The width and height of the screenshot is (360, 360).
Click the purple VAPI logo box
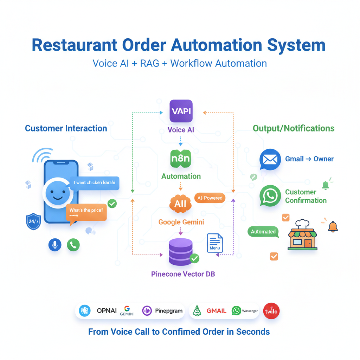click(x=181, y=111)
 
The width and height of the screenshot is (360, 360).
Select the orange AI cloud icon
click(x=180, y=204)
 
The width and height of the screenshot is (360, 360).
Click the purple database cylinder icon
click(x=181, y=252)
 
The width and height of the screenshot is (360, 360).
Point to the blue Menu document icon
click(x=215, y=243)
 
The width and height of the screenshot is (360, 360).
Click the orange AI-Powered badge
click(x=210, y=198)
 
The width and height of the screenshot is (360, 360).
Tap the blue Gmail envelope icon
click(x=270, y=159)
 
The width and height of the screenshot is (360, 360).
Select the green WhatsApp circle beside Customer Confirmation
click(x=270, y=196)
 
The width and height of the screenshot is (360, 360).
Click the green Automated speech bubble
click(x=263, y=232)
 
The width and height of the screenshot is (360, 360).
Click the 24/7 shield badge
click(x=34, y=222)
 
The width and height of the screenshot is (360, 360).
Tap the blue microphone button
click(x=54, y=245)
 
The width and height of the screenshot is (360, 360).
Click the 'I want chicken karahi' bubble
click(x=94, y=183)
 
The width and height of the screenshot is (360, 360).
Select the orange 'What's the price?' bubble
click(x=86, y=212)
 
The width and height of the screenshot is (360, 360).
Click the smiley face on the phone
click(x=56, y=193)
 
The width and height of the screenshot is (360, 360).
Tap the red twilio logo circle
click(x=271, y=311)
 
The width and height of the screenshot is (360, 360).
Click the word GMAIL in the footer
click(x=216, y=311)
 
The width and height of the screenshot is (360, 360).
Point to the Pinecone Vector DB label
click(x=183, y=274)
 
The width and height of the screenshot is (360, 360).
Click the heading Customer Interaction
click(x=66, y=128)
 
